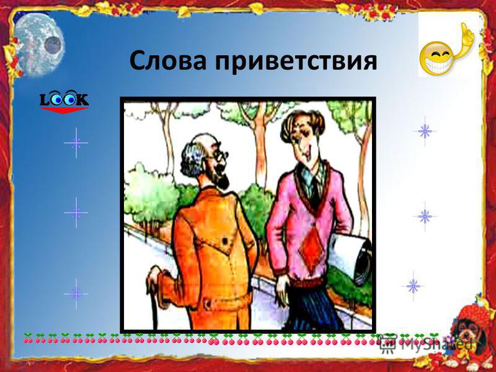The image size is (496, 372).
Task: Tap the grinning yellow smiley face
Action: [438, 59]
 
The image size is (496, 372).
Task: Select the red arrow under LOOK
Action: [64, 110]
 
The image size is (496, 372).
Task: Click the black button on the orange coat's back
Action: [225, 241]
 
